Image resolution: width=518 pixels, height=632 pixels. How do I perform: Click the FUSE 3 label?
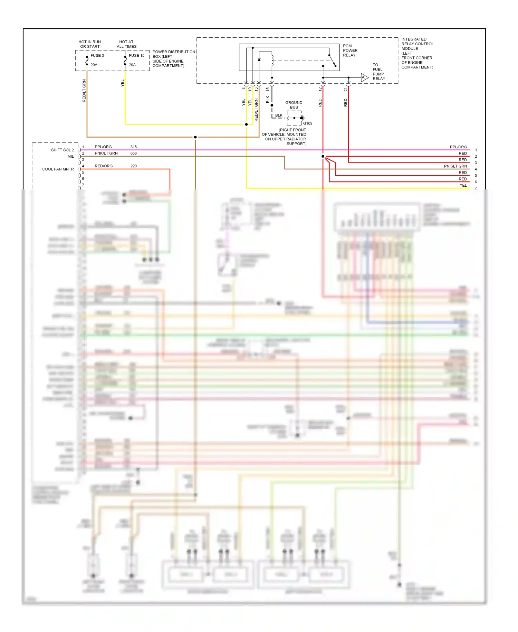click(x=97, y=55)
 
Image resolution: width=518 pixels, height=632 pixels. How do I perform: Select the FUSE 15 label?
click(x=136, y=55)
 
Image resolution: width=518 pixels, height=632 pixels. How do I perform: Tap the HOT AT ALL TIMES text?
click(x=126, y=44)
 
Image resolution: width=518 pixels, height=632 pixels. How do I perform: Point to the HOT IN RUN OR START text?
click(x=90, y=44)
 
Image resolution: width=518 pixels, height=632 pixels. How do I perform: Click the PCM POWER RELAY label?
click(x=350, y=50)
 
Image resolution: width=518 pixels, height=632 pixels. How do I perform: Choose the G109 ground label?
click(x=308, y=123)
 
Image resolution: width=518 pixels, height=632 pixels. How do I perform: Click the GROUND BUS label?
click(x=294, y=105)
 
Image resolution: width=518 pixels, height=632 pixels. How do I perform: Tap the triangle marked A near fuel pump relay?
click(x=364, y=77)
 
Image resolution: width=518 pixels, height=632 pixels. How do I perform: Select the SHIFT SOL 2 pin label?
click(x=63, y=150)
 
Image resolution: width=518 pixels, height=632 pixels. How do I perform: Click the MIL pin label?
click(x=70, y=157)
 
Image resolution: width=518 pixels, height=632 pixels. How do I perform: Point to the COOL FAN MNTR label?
click(x=58, y=169)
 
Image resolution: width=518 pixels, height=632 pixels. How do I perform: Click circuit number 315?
click(x=134, y=147)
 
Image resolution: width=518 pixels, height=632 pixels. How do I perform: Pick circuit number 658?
click(x=134, y=153)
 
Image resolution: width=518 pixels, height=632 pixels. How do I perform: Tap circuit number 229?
click(x=134, y=166)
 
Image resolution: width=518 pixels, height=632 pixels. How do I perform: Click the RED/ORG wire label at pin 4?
click(x=104, y=166)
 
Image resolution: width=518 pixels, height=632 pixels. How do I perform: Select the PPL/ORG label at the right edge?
click(x=458, y=147)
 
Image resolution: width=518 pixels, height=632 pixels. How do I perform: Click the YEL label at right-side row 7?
click(x=463, y=185)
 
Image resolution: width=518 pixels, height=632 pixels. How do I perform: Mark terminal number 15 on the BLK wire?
click(x=268, y=89)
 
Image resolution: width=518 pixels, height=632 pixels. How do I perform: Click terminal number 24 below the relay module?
click(x=345, y=89)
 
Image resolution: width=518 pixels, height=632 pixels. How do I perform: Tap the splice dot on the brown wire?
click(x=195, y=137)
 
